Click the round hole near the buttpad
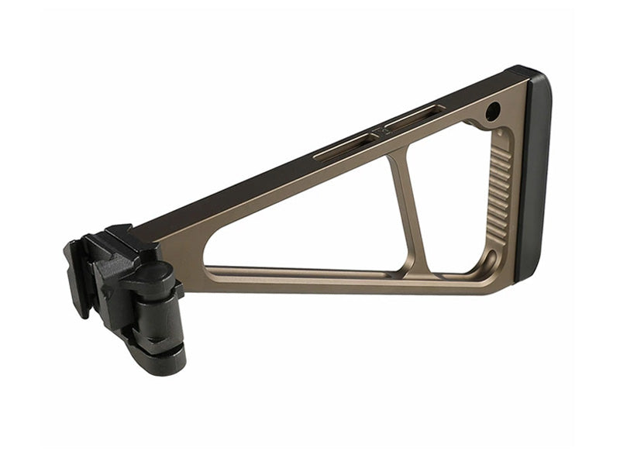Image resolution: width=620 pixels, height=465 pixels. pyautogui.click(x=492, y=113)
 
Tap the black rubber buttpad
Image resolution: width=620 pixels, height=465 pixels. pyautogui.click(x=537, y=178)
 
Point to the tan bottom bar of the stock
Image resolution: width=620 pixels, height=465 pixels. pyautogui.click(x=325, y=277)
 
